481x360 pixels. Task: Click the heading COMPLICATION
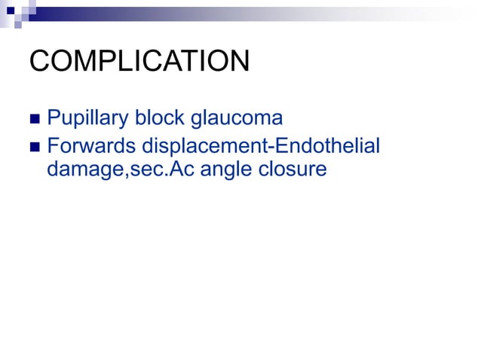tap(139, 62)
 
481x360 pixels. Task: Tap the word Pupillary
tap(86, 119)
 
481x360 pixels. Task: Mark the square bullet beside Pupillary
tap(35, 120)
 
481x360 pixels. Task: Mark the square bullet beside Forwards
tap(35, 145)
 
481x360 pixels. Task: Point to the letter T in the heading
tap(194, 62)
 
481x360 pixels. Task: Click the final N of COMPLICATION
tap(238, 62)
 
